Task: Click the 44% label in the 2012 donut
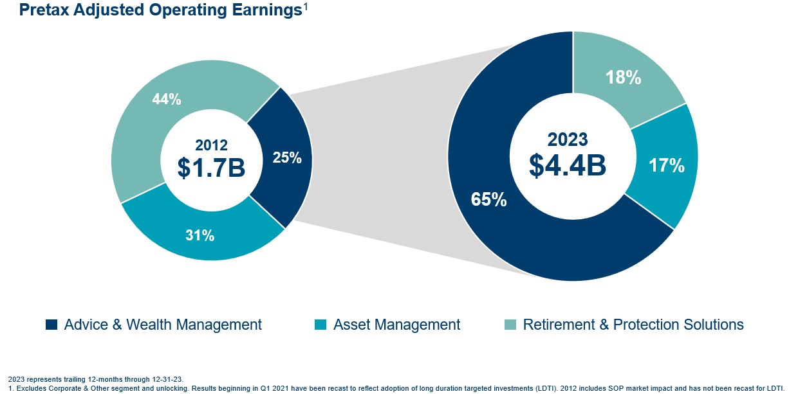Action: click(x=166, y=100)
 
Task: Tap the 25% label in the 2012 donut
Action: click(x=287, y=157)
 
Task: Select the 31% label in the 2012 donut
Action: click(x=200, y=236)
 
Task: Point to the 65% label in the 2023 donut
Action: click(x=489, y=199)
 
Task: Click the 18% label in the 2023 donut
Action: click(x=623, y=78)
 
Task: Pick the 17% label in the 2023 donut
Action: click(x=666, y=166)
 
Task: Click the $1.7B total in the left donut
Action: click(x=211, y=168)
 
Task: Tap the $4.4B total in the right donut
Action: click(x=568, y=165)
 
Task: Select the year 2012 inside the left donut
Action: click(x=211, y=146)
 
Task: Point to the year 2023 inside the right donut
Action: click(x=568, y=139)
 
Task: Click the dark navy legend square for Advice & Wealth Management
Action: click(x=51, y=325)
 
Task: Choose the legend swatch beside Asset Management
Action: click(x=320, y=325)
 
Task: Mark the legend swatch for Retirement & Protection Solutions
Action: click(x=510, y=325)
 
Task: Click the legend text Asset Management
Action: click(x=396, y=325)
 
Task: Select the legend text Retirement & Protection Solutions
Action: click(x=633, y=325)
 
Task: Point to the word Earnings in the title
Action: click(x=266, y=11)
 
